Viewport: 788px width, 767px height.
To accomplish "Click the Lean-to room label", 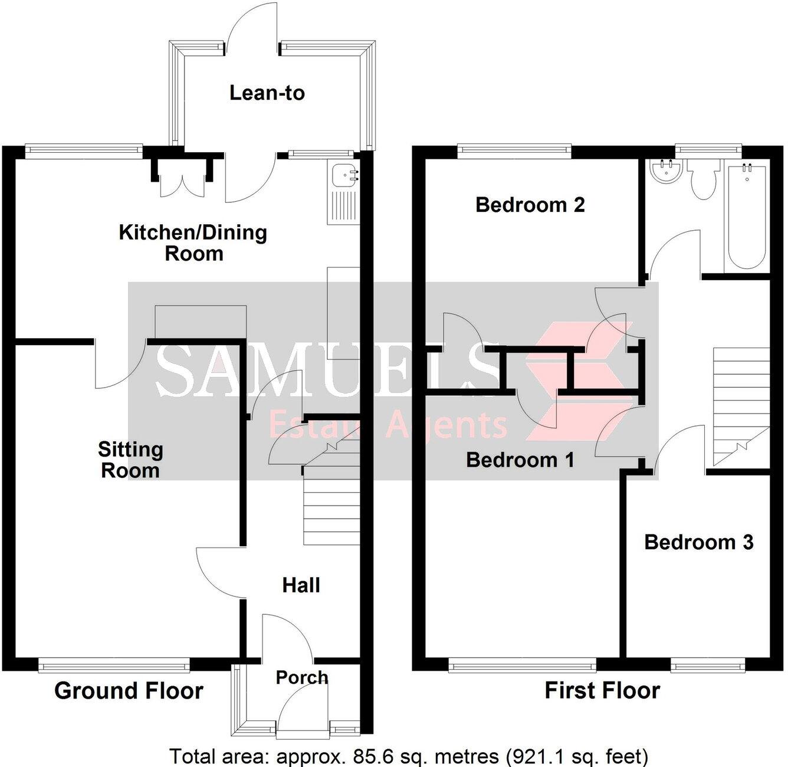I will tap(267, 93).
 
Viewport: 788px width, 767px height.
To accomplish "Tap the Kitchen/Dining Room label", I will tap(193, 242).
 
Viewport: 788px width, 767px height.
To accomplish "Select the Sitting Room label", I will tap(130, 460).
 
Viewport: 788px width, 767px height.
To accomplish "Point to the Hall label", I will tap(301, 585).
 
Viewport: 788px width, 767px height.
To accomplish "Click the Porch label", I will tap(301, 677).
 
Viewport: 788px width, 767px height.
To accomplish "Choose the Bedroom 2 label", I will tap(530, 205).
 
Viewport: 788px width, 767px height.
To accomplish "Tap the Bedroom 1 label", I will tap(520, 460).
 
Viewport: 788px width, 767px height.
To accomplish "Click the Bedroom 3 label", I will tap(698, 542).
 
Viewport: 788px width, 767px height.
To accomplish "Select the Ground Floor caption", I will tap(129, 690).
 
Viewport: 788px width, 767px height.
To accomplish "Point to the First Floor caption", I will tap(602, 690).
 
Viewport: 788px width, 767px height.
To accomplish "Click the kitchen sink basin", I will tap(343, 175).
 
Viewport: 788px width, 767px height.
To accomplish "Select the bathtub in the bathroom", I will tap(747, 215).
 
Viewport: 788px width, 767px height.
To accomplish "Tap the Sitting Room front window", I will tap(114, 666).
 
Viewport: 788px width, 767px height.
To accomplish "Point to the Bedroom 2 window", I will tap(514, 151).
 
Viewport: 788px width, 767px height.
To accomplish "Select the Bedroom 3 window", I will tap(707, 666).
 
